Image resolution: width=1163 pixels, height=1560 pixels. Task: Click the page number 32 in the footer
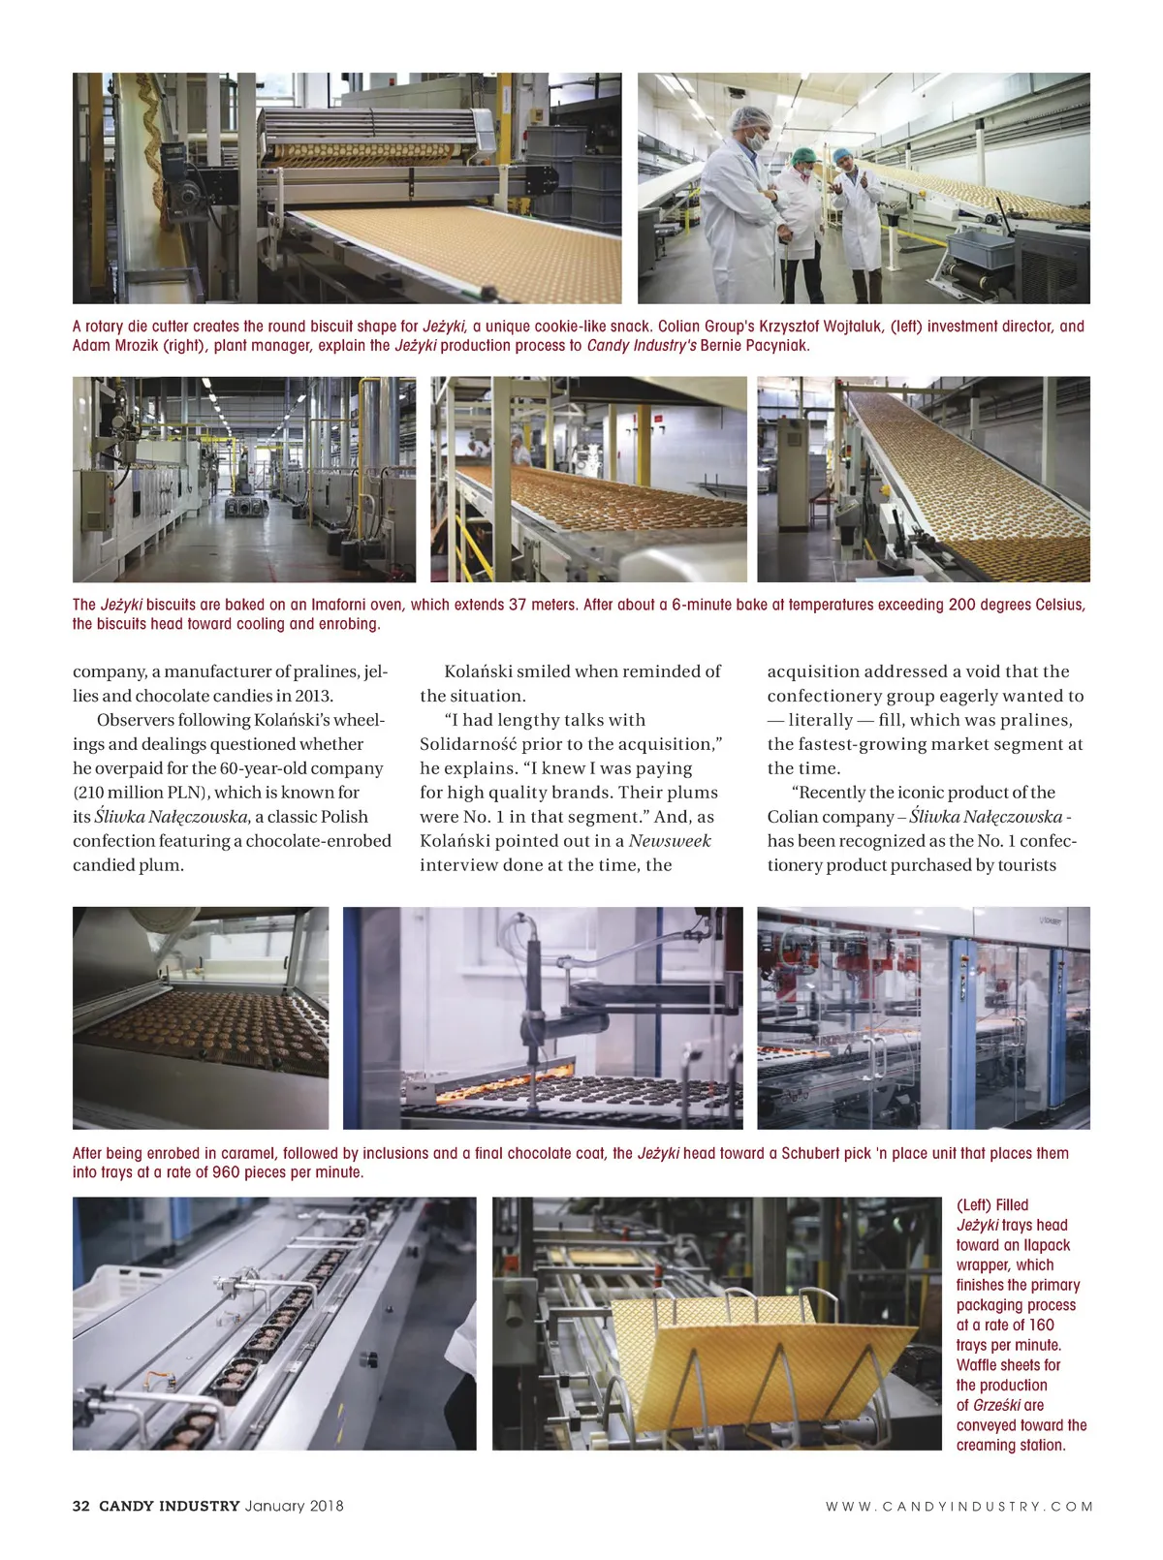[x=81, y=1506]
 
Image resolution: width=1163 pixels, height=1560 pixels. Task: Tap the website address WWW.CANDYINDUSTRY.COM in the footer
[x=959, y=1506]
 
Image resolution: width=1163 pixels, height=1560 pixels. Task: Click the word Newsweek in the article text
[x=670, y=841]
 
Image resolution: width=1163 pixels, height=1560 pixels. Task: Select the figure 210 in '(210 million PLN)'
[x=94, y=793]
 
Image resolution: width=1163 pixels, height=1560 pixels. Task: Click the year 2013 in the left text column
[x=310, y=696]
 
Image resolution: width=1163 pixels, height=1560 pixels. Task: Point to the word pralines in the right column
[x=1036, y=720]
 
